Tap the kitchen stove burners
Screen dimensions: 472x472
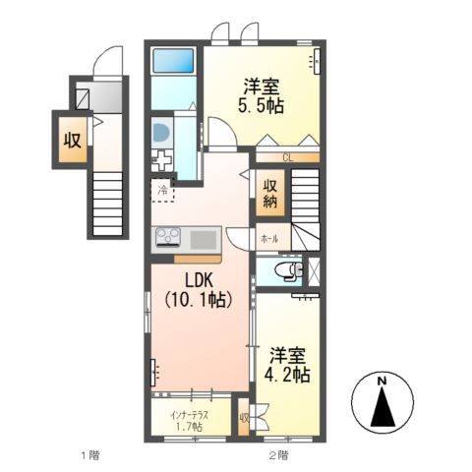(x=167, y=238)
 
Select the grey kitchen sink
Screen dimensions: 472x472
(x=205, y=238)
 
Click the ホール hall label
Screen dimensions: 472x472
(x=268, y=239)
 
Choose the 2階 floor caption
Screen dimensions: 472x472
(x=277, y=454)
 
